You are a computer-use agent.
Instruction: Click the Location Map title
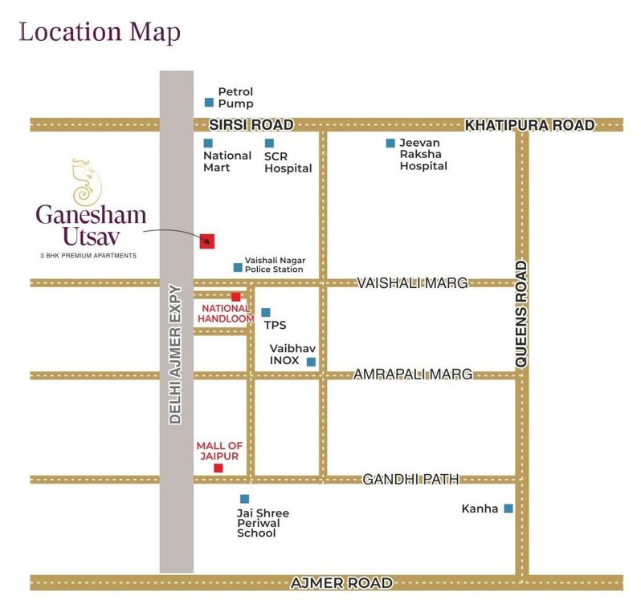[100, 33]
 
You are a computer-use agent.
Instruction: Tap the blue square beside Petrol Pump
[209, 102]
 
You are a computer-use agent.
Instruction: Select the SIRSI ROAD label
[251, 125]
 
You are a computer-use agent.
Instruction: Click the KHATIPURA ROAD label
[530, 125]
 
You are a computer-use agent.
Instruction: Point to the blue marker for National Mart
[208, 144]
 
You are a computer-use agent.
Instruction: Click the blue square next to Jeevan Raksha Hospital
[390, 144]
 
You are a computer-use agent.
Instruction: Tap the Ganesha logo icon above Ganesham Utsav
[83, 182]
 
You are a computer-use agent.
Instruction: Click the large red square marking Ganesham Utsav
[207, 240]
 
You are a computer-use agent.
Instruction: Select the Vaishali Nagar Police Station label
[274, 265]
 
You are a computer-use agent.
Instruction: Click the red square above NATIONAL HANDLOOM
[235, 297]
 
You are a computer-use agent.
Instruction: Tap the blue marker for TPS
[266, 312]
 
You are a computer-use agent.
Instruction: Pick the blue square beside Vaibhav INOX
[311, 362]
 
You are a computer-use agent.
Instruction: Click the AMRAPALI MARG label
[412, 375]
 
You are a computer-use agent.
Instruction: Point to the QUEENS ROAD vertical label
[521, 314]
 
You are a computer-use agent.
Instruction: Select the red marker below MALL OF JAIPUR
[218, 468]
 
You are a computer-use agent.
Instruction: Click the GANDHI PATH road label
[410, 479]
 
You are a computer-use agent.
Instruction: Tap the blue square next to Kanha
[508, 508]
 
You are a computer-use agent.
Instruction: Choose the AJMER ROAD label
[342, 583]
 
